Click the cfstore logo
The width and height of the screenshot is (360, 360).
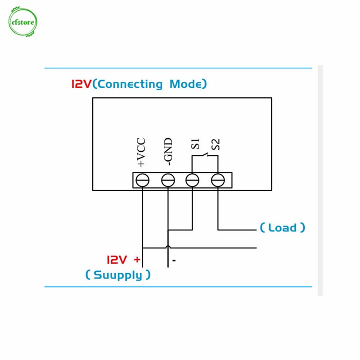click(x=22, y=22)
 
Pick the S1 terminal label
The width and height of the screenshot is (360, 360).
click(x=195, y=144)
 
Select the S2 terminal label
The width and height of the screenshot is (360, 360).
click(x=216, y=144)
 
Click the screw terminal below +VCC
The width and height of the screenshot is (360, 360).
click(x=143, y=180)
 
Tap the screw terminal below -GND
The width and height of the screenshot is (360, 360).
click(x=168, y=180)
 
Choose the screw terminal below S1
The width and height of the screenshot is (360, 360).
click(x=193, y=180)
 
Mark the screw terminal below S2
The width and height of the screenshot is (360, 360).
click(x=218, y=180)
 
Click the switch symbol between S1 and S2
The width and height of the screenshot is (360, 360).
click(x=205, y=156)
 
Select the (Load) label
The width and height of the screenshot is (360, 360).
click(x=282, y=228)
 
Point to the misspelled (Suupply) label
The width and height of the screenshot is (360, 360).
click(x=118, y=275)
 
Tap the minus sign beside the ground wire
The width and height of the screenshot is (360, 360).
click(x=174, y=261)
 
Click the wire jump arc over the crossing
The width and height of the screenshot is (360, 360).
click(x=168, y=247)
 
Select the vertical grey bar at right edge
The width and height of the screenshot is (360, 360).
click(x=320, y=180)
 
